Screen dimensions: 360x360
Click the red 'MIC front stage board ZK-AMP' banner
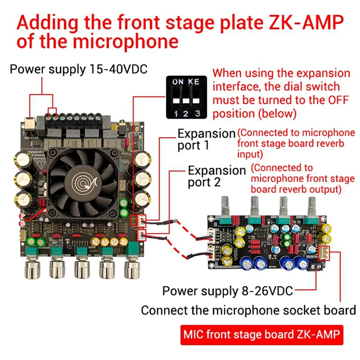pos(261,335)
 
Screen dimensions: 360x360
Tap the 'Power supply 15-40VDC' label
pos(79,69)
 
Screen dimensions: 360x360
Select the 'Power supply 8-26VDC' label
pos(227,291)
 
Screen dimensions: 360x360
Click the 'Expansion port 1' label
pos(206,139)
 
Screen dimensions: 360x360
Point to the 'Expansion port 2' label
pos(216,176)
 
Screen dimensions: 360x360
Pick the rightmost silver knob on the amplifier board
pos(132,269)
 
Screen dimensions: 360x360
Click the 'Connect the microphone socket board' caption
pos(248,310)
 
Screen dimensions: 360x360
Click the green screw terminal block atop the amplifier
pos(79,118)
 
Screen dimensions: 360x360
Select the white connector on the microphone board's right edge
pos(324,254)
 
